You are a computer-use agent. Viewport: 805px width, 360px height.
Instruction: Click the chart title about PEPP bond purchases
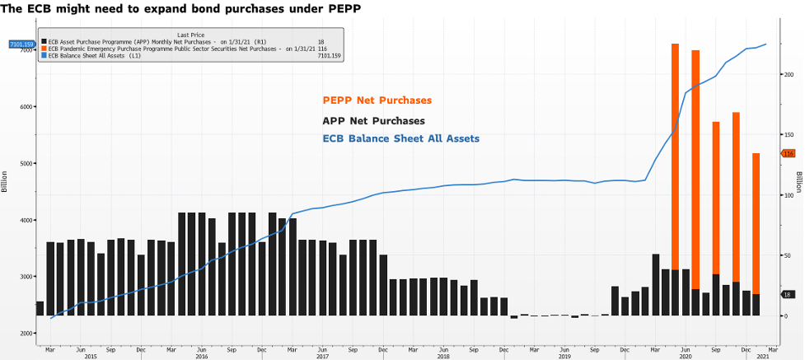[x=180, y=8]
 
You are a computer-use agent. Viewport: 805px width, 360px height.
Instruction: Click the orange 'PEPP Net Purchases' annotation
[x=377, y=101]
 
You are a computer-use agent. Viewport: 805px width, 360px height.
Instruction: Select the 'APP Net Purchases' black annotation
[x=373, y=121]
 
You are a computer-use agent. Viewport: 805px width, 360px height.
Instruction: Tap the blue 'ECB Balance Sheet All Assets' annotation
[x=400, y=138]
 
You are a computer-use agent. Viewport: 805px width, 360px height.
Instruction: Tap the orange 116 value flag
[x=788, y=153]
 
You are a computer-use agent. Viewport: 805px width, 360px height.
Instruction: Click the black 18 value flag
[x=786, y=294]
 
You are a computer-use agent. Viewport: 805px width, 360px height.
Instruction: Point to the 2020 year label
[x=685, y=355]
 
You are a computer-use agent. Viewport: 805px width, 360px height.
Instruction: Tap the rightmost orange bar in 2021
[x=756, y=222]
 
